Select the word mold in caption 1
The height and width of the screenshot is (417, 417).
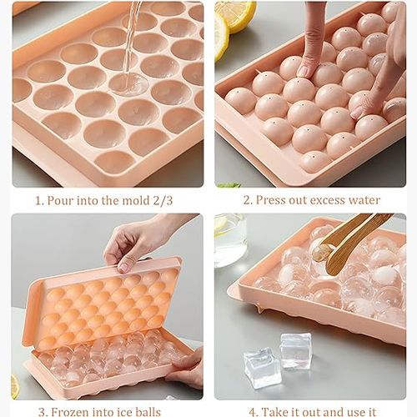(136, 200)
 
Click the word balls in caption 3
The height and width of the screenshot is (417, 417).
(148, 412)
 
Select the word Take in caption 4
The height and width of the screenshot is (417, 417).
(274, 412)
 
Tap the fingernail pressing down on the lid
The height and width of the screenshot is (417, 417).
(304, 72)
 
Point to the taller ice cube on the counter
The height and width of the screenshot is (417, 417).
(295, 350)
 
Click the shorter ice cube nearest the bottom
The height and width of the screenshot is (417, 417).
(260, 368)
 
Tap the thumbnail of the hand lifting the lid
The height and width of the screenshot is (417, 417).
(123, 268)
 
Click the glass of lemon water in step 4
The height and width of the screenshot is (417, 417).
(230, 240)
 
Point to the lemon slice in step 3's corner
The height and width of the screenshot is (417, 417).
(15, 386)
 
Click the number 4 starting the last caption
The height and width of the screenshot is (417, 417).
(252, 412)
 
